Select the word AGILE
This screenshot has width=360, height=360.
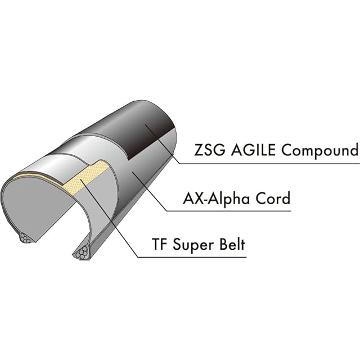(x=253, y=150)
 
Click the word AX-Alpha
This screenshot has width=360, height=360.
(x=216, y=198)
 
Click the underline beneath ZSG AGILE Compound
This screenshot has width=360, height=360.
(x=269, y=164)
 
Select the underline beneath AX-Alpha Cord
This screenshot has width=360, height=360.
(x=228, y=211)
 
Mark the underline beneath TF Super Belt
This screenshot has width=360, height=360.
(x=192, y=257)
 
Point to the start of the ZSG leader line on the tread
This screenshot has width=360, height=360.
(x=145, y=125)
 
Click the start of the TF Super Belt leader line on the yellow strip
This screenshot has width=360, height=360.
(x=80, y=180)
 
